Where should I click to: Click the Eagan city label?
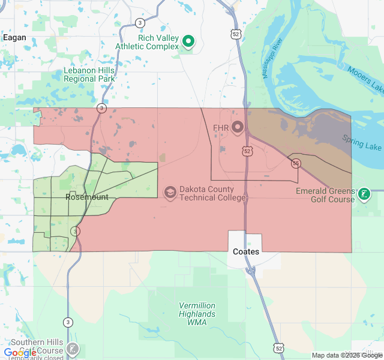[14, 37]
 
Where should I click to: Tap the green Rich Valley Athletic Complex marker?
[188, 41]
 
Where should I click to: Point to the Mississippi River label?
[272, 59]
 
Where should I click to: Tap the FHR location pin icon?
[237, 127]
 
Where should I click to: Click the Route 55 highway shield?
[296, 163]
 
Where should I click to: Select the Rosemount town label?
[87, 197]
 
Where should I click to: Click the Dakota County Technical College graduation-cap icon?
[170, 192]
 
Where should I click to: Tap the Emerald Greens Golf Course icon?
[363, 194]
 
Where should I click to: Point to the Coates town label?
[246, 251]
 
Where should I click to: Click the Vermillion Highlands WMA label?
[197, 314]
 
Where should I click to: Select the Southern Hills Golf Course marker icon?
[73, 349]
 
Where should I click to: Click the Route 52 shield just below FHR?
[247, 151]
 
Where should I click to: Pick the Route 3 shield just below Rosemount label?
[75, 231]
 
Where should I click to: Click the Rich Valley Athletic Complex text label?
[158, 41]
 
